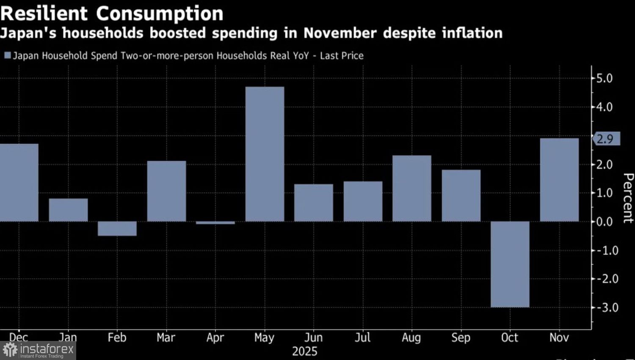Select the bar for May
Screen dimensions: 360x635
pyautogui.click(x=265, y=154)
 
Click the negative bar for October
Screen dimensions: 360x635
pyautogui.click(x=510, y=264)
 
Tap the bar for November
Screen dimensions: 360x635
pyautogui.click(x=559, y=180)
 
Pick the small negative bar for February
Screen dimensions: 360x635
pyautogui.click(x=117, y=229)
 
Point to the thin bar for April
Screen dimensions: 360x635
pyautogui.click(x=215, y=223)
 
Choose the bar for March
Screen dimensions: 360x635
pyautogui.click(x=166, y=191)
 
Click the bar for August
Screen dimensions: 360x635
pyautogui.click(x=412, y=188)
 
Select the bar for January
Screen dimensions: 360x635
pyautogui.click(x=68, y=210)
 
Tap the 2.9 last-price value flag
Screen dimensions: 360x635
pyautogui.click(x=606, y=139)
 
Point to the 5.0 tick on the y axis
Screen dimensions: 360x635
pyautogui.click(x=604, y=78)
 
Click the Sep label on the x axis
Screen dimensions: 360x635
pyautogui.click(x=461, y=338)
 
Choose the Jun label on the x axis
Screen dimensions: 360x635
pyautogui.click(x=313, y=338)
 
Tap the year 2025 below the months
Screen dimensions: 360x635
pyautogui.click(x=304, y=352)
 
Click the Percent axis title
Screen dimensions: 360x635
pyautogui.click(x=628, y=198)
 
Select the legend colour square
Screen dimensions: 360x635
pyautogui.click(x=7, y=55)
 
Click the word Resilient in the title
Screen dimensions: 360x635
pyautogui.click(x=44, y=14)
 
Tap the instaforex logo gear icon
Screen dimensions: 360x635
pyautogui.click(x=10, y=350)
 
